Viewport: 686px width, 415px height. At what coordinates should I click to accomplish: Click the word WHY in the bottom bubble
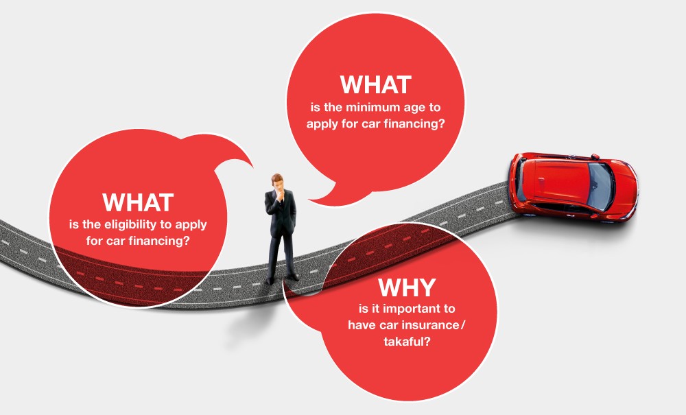coord(406,287)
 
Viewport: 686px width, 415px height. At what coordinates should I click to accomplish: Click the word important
coord(407,309)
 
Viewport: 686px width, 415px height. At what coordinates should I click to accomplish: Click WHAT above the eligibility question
coord(139,202)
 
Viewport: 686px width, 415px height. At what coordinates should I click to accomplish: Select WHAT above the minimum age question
coord(376,85)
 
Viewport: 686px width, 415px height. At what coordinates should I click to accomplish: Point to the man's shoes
coord(283,278)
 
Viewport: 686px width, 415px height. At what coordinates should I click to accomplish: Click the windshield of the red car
coord(601,187)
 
